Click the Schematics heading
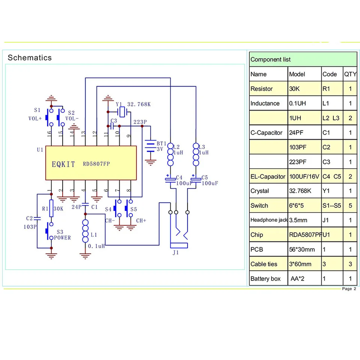pos(30,58)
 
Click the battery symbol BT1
pos(151,146)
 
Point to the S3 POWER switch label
pos(62,235)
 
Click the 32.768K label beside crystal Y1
pos(139,104)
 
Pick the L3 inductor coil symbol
pos(196,154)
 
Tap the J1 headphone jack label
pos(175,252)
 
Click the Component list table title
pos(270,60)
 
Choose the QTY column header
pos(350,74)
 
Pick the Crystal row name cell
pos(259,191)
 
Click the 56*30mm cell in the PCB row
pos(302,249)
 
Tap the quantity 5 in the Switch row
pos(350,205)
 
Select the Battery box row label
pos(265,279)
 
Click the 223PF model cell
pos(298,162)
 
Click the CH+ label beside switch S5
pos(141,220)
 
